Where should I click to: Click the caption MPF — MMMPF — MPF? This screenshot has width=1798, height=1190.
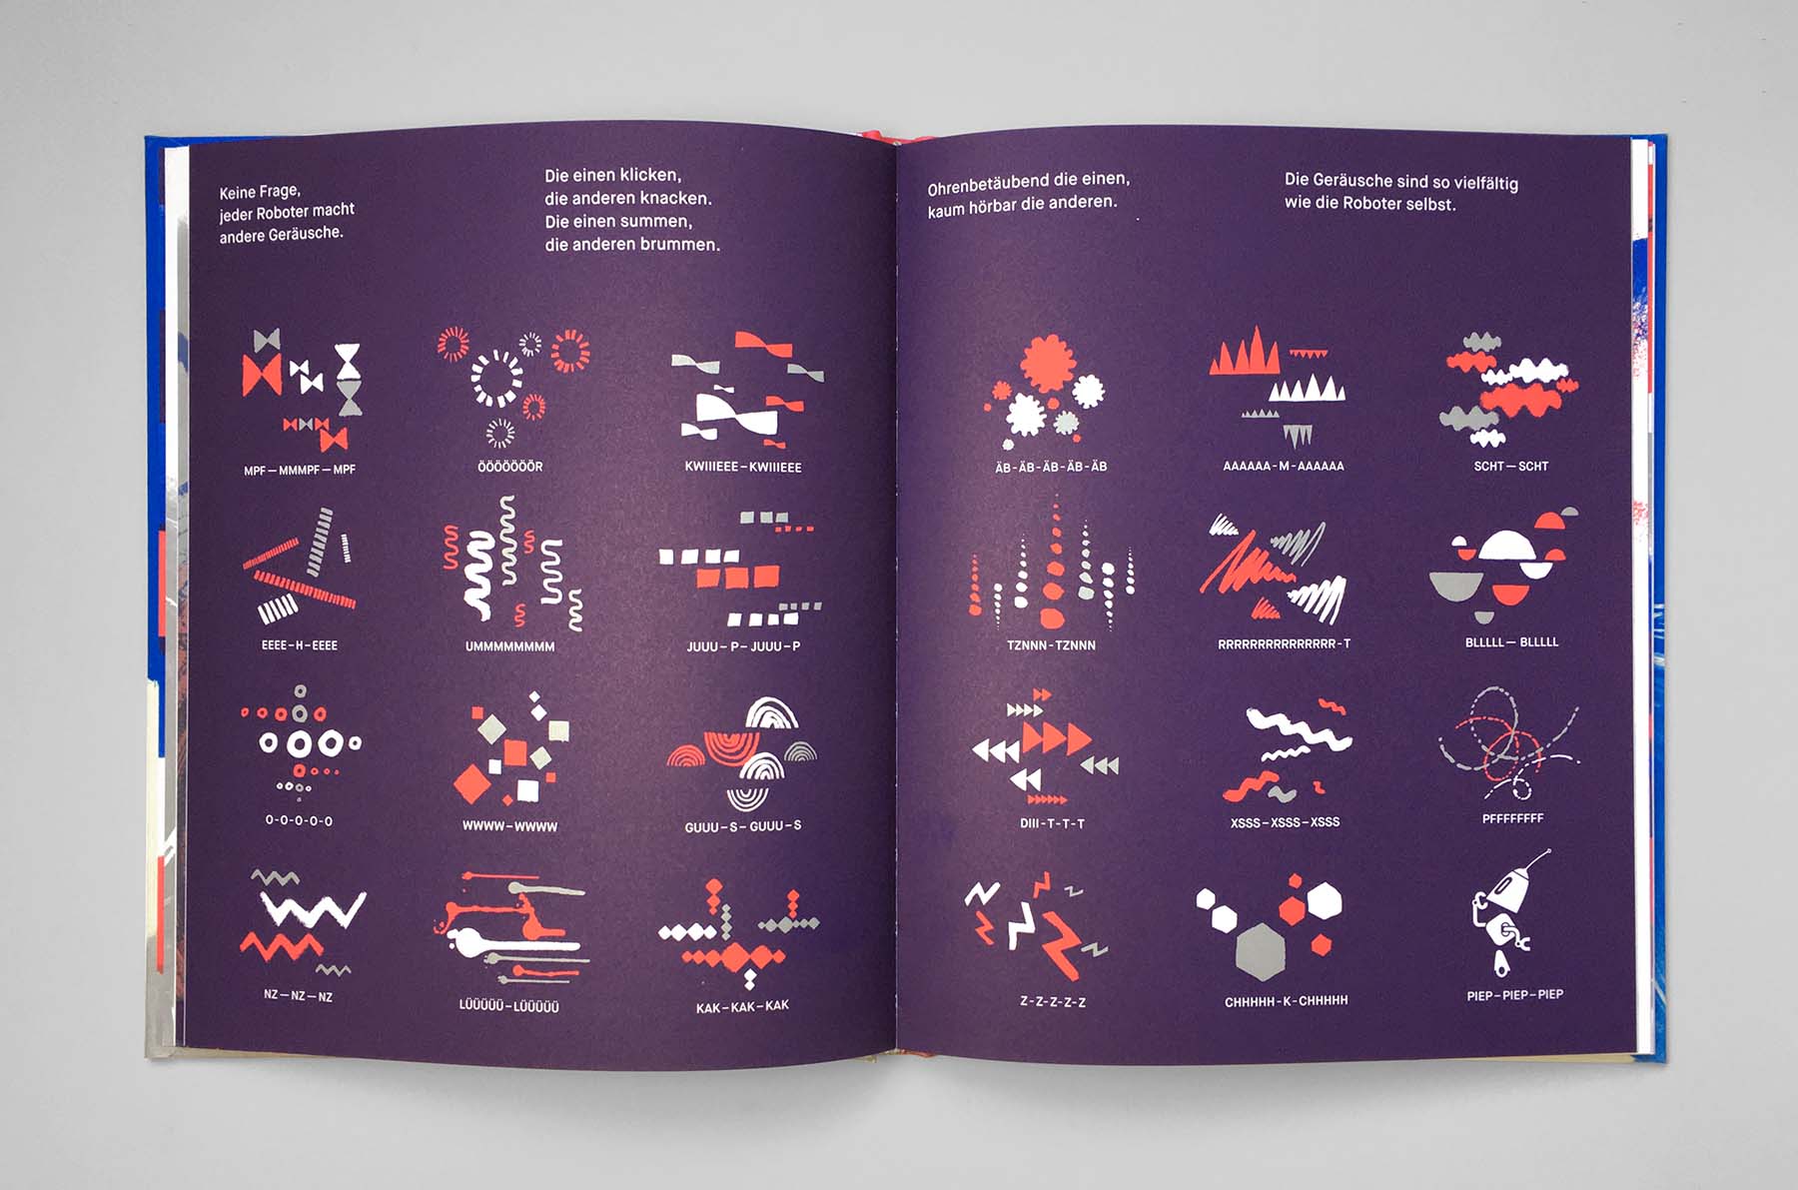coord(300,470)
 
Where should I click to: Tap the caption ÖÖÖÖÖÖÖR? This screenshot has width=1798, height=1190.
coord(510,467)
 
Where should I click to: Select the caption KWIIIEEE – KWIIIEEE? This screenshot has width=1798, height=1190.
coord(743,467)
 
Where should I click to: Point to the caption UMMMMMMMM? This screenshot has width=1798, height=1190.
coord(509,646)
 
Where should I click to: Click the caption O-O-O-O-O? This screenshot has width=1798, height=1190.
coord(299,820)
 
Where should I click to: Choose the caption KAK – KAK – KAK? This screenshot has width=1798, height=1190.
coord(742,1006)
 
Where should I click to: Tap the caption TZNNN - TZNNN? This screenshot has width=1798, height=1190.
coord(1051,645)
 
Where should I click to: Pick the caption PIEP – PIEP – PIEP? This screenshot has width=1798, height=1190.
coord(1514,995)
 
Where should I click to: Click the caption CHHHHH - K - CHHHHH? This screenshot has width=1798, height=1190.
coord(1287,1000)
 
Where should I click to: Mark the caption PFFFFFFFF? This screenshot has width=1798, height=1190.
coord(1512,818)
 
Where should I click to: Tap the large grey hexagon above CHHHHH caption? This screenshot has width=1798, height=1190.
coord(1264,950)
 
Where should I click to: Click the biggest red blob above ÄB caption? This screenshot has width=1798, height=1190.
coord(1047,362)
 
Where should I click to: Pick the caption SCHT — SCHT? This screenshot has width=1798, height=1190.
coord(1510,467)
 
